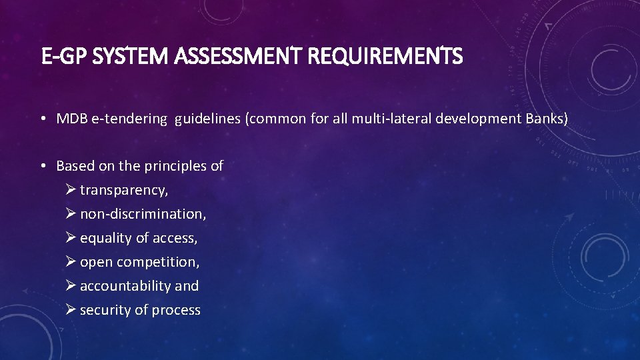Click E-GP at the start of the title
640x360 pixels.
tap(62, 57)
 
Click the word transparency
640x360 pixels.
tap(124, 191)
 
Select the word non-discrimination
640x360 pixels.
tap(143, 215)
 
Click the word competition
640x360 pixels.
tap(158, 262)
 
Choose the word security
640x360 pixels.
tap(104, 310)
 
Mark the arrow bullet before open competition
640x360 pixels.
tap(71, 262)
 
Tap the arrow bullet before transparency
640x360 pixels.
tap(71, 191)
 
